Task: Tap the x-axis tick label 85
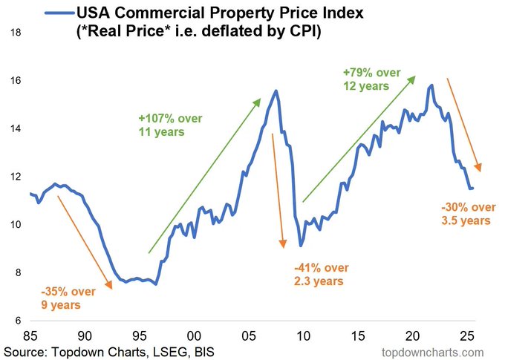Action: [x=30, y=334]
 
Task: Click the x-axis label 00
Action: [x=195, y=334]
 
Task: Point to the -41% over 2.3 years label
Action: [x=321, y=274]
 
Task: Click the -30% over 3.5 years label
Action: [x=464, y=213]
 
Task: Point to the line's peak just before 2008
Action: [x=276, y=91]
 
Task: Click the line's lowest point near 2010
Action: [x=301, y=245]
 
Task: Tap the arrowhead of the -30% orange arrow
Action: [x=480, y=168]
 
